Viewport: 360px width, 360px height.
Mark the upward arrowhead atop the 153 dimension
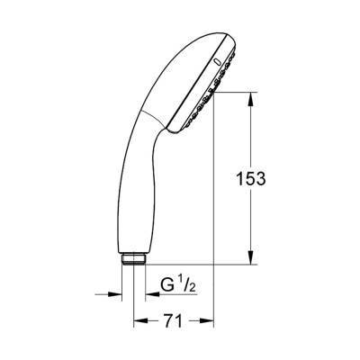click(x=249, y=92)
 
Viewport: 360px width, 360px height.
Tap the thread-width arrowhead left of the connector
click(x=114, y=293)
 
